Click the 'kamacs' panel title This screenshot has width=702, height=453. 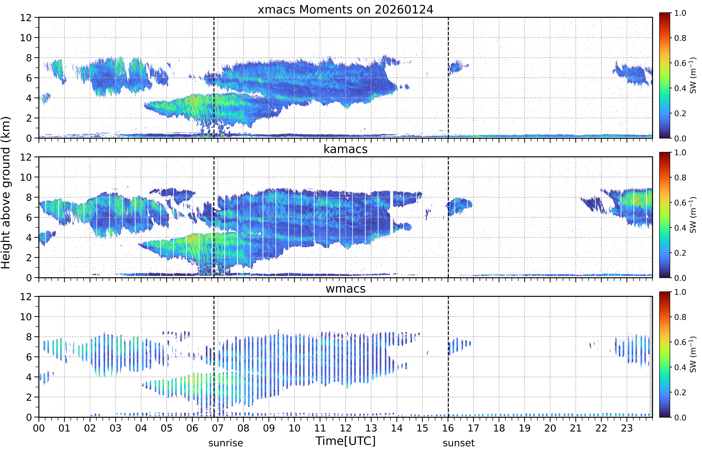pyautogui.click(x=345, y=149)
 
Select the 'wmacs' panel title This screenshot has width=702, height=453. pyautogui.click(x=345, y=289)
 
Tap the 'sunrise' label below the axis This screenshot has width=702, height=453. pyautogui.click(x=226, y=443)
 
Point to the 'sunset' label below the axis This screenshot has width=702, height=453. pyautogui.click(x=459, y=443)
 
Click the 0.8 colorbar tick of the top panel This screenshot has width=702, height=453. pyautogui.click(x=680, y=38)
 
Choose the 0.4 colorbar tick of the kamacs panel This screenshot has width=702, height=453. pyautogui.click(x=680, y=228)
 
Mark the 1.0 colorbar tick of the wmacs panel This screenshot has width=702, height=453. pyautogui.click(x=680, y=292)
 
